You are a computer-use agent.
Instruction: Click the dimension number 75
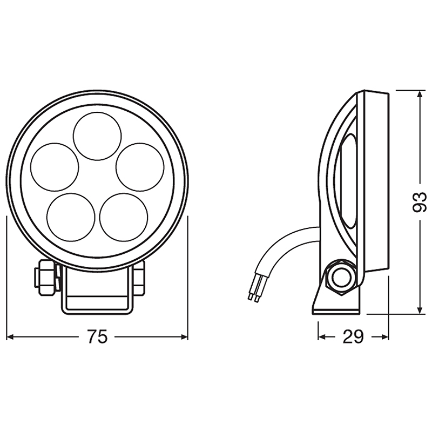point(97,336)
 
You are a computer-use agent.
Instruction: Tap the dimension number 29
point(353,336)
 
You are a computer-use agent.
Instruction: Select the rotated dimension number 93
point(420,202)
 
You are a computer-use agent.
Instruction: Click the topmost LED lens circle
point(97,136)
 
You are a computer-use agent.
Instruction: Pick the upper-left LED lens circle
point(55,167)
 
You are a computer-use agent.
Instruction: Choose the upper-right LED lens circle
point(140,167)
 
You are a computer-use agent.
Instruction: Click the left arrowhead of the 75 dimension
point(10,336)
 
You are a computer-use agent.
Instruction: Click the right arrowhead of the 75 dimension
point(184,336)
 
